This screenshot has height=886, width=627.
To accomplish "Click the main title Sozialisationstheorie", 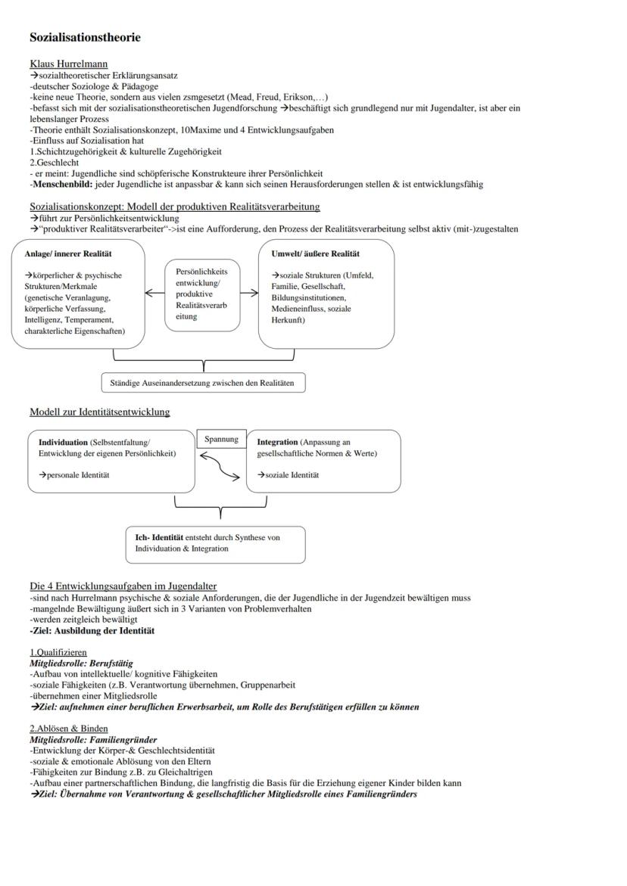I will click(85, 37).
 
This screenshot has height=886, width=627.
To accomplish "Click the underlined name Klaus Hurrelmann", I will click(68, 64).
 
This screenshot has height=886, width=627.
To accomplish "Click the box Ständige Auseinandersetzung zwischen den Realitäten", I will click(203, 384).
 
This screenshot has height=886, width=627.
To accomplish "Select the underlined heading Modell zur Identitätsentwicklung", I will click(99, 412).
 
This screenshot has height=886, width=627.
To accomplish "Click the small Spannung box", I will click(221, 439).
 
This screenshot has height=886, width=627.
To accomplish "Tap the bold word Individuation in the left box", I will click(63, 442).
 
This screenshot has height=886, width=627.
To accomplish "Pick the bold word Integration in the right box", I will click(277, 442).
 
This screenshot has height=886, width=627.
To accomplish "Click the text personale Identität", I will click(78, 475).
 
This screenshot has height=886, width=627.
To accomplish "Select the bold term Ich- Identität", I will click(159, 537).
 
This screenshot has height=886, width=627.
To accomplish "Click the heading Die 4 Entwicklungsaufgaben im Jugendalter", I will click(123, 586).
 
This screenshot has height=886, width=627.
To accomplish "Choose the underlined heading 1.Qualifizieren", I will click(58, 652).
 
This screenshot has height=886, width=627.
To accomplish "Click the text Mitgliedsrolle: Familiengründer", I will click(93, 739).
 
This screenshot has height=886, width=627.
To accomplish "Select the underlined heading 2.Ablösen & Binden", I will click(69, 729).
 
